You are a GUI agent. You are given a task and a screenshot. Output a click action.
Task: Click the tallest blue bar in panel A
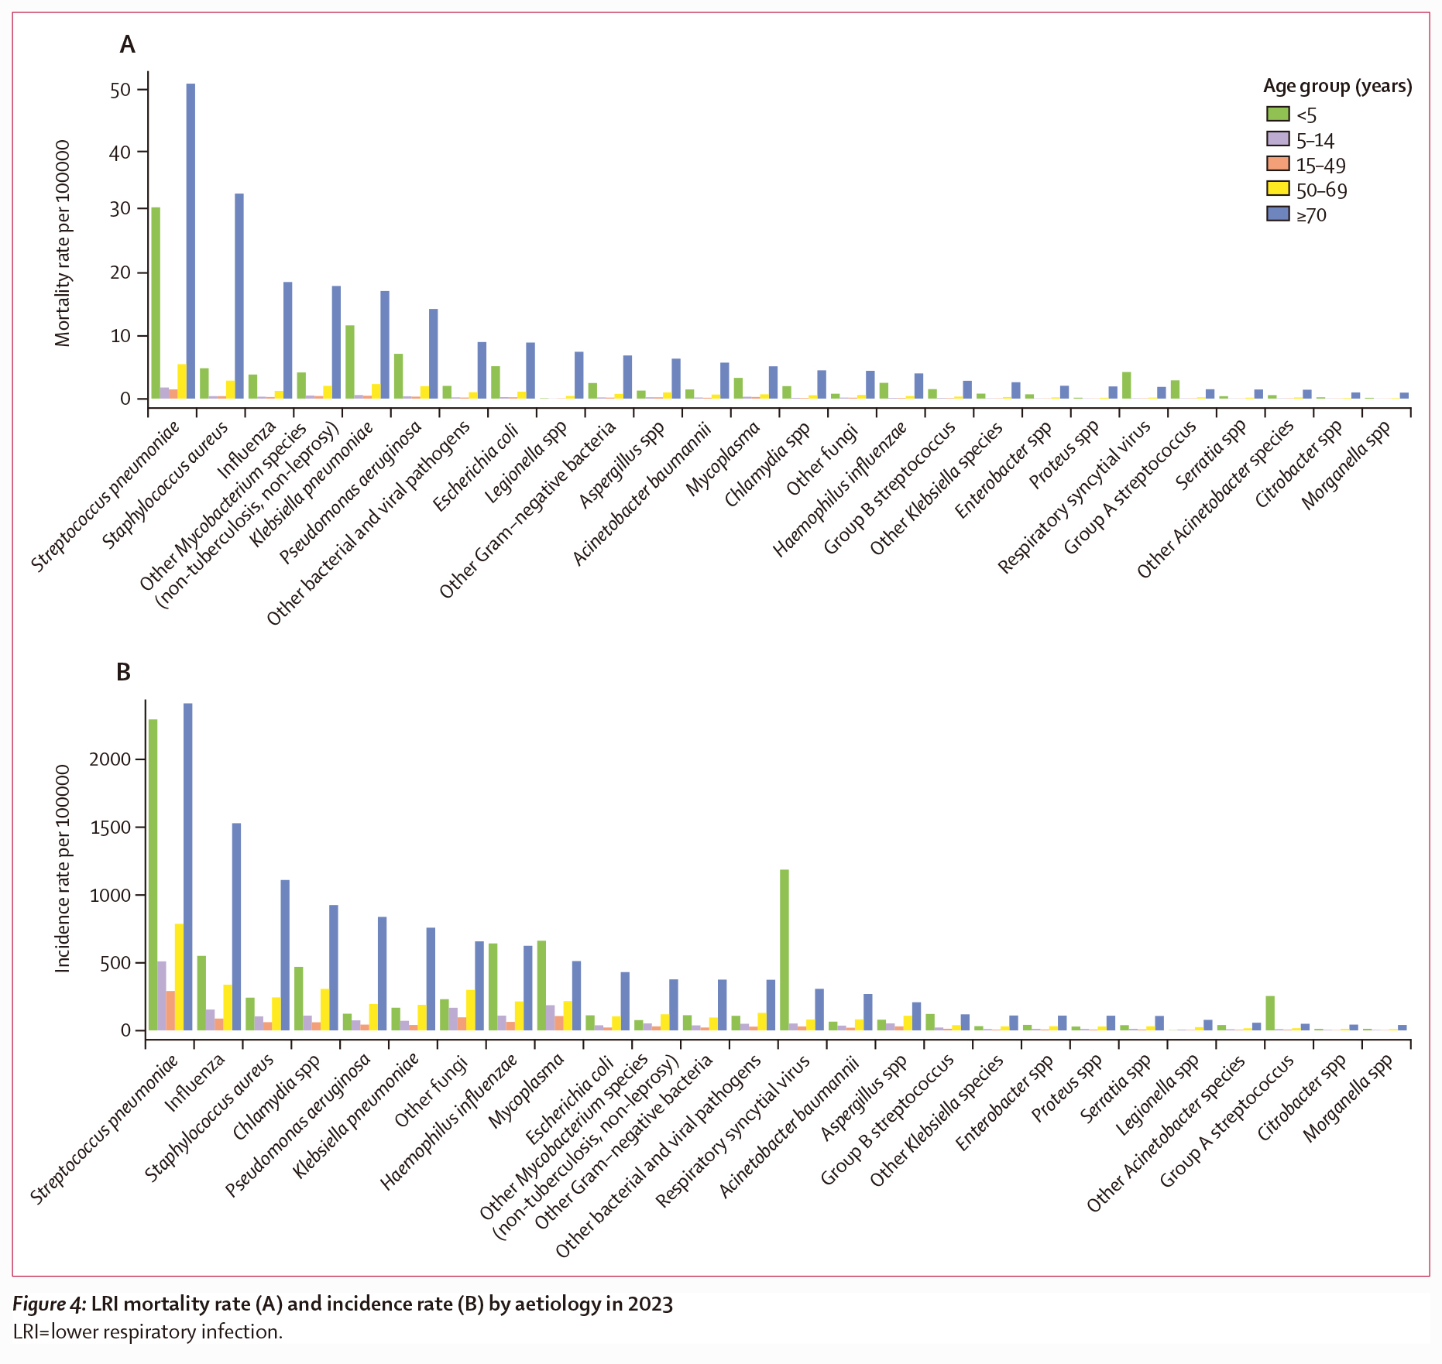191,240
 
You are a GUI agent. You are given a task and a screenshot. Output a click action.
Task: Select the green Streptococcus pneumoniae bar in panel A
156,302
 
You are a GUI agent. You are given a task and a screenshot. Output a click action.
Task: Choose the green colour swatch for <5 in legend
1278,115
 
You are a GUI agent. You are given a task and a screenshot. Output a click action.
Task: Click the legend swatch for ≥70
1278,214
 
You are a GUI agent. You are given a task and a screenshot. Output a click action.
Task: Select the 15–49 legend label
1320,165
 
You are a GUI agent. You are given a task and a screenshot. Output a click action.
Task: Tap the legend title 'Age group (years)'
1337,86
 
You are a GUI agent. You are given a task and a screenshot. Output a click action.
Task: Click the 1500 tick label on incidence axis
111,827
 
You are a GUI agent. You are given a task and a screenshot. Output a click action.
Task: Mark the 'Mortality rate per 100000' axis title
63,243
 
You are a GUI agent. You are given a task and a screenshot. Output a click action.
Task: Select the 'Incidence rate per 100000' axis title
63,869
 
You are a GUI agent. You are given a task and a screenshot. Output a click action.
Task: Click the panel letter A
127,45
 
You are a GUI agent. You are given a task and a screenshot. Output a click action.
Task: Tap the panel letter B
124,672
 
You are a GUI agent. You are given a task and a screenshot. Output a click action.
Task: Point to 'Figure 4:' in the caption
49,1304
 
